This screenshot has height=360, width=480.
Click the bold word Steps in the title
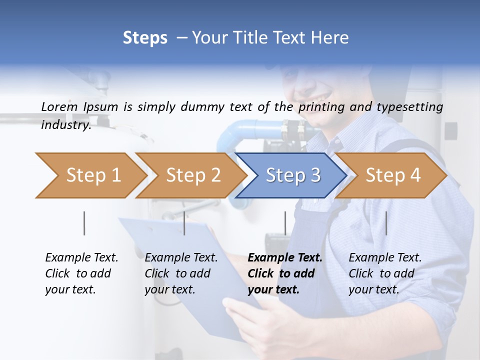click(x=145, y=38)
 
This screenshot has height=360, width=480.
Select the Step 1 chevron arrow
click(x=90, y=175)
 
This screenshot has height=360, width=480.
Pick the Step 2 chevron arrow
click(x=190, y=175)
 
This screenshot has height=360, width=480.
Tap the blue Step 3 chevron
click(x=290, y=175)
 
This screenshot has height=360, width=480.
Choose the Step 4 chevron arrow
click(x=390, y=175)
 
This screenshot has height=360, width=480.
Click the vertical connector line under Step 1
click(x=84, y=223)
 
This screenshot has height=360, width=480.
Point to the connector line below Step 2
click(x=184, y=223)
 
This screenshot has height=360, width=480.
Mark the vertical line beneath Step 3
click(x=285, y=223)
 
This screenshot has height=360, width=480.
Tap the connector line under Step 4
click(x=386, y=223)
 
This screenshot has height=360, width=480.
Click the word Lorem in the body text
click(x=59, y=106)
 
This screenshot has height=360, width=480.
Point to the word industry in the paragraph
click(x=65, y=124)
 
